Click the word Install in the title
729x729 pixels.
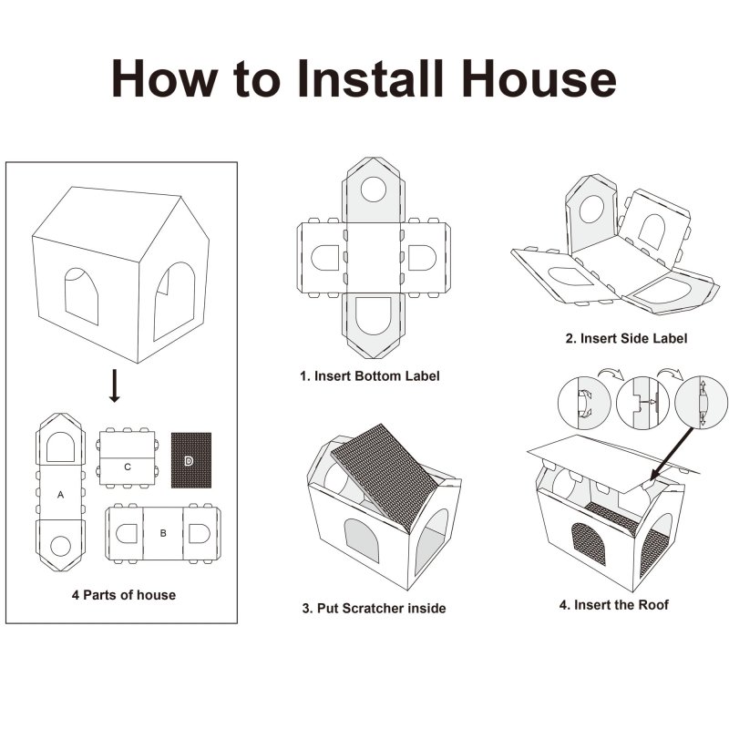pos(371,78)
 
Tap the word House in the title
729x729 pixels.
pos(539,78)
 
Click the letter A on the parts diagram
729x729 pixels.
pos(60,495)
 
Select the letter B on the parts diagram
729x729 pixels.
pos(163,533)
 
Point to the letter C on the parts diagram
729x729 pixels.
pos(128,467)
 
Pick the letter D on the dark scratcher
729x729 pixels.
pos(189,461)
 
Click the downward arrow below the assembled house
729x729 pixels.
pos(115,385)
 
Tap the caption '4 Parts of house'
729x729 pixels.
pos(124,595)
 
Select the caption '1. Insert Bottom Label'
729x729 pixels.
pos(370,376)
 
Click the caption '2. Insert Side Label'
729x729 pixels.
pos(626,338)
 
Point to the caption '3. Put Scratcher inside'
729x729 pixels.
pos(374,608)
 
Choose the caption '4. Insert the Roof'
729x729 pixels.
pos(613,605)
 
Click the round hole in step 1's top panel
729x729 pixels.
pos(374,190)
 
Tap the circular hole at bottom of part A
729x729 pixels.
pos(60,546)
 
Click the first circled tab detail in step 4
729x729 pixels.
pos(584,403)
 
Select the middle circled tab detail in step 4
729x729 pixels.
pos(642,403)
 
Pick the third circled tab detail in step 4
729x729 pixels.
pos(701,403)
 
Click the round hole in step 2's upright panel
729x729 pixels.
pos(591,210)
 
